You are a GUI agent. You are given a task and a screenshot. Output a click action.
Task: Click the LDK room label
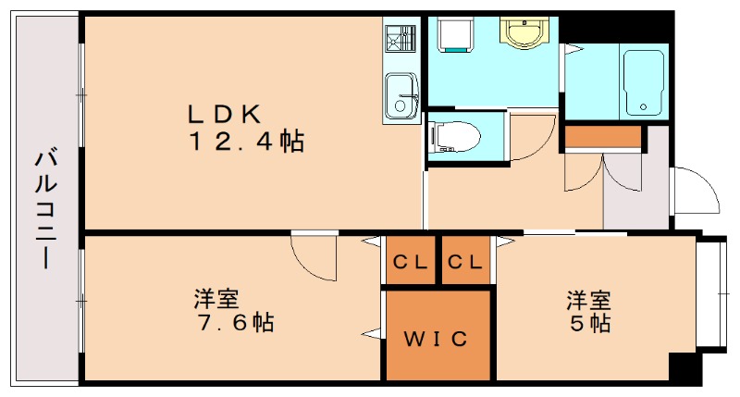(x=228, y=114)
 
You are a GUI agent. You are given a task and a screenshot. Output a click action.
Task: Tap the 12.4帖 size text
(x=247, y=142)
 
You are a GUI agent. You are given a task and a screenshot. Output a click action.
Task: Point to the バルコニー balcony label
(x=43, y=208)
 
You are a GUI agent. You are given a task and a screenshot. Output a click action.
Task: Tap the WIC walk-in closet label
(x=437, y=338)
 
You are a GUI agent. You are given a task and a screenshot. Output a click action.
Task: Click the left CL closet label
(x=411, y=262)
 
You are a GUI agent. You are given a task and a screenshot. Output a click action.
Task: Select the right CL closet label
(x=464, y=262)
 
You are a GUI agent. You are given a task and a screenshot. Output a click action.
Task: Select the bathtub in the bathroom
(x=645, y=81)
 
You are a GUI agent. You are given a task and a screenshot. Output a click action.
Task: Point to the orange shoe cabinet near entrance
(x=603, y=138)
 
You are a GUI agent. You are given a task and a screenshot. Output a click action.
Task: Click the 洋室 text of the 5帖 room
(x=589, y=300)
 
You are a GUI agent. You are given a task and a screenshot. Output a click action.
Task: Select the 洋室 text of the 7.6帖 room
(x=217, y=300)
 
